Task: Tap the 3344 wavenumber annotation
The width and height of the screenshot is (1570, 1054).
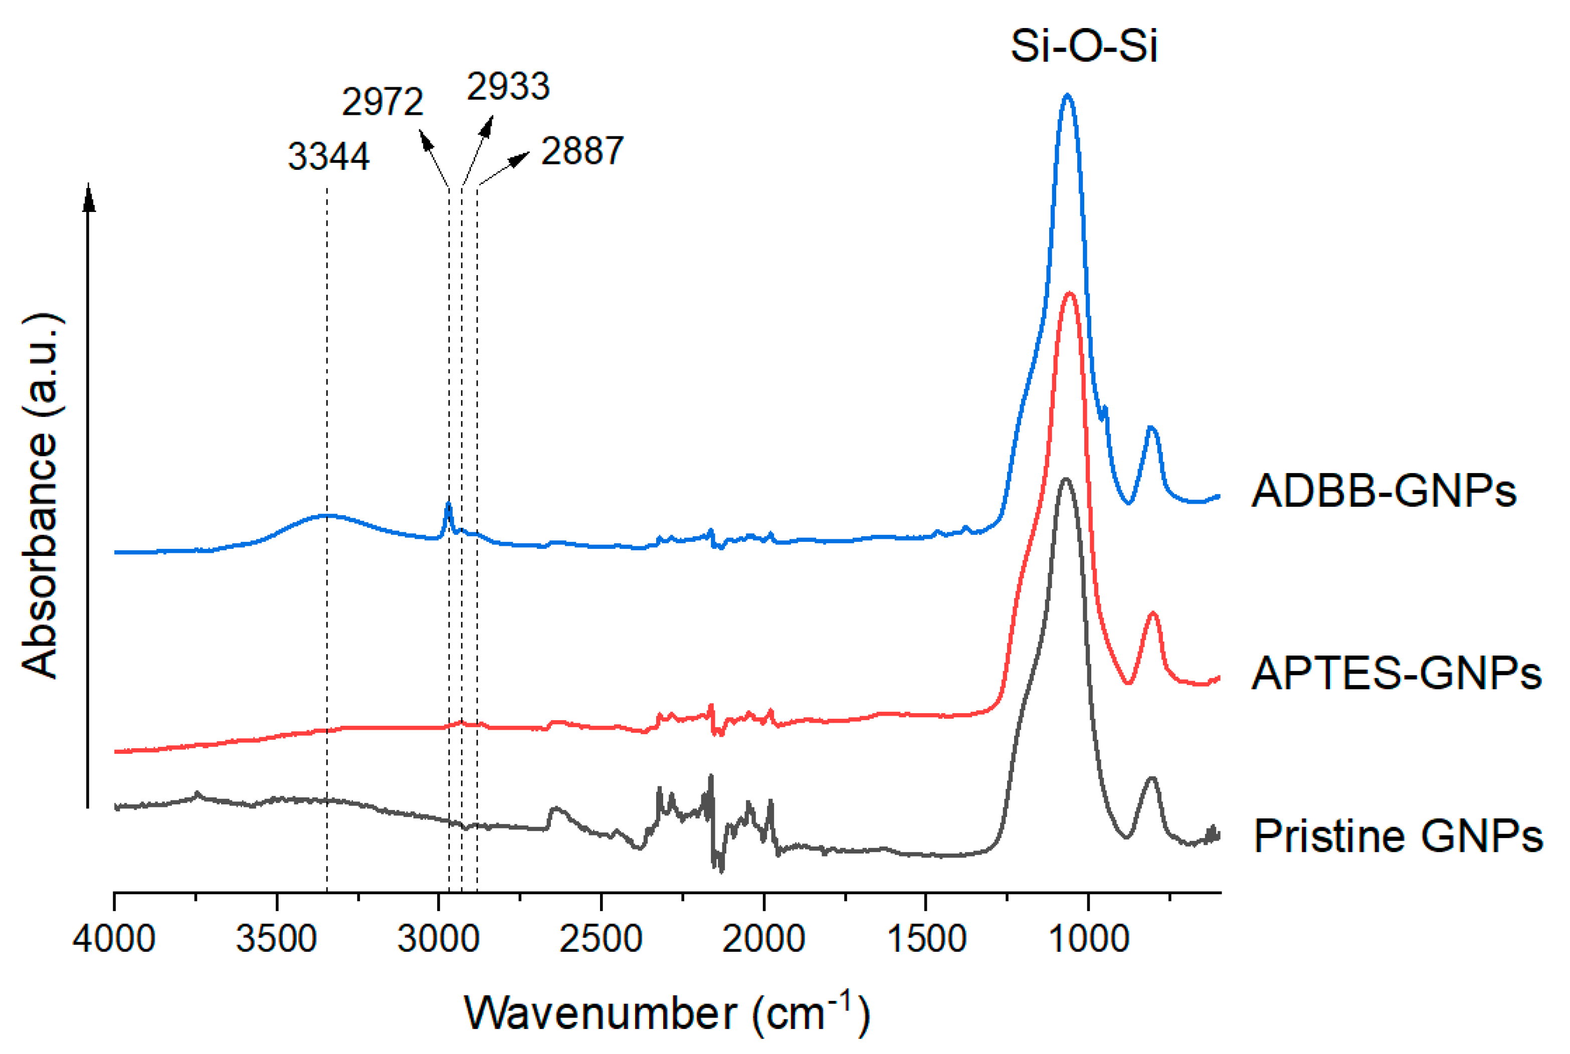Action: [328, 156]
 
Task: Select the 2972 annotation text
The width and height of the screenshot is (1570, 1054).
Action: [382, 103]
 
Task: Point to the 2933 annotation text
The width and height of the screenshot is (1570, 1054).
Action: [508, 87]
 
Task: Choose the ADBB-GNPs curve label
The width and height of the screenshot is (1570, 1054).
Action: [1383, 491]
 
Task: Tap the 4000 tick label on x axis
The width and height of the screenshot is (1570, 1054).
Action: [114, 938]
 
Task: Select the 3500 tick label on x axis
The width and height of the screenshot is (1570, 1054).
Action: [276, 938]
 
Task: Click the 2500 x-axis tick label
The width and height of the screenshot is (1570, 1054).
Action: [601, 938]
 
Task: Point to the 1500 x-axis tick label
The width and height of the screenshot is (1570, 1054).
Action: [926, 938]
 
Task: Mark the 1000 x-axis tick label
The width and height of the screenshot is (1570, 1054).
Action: [1089, 938]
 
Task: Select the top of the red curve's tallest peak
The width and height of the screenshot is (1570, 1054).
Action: [1069, 293]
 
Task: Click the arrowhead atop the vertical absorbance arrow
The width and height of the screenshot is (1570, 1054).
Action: [89, 196]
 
